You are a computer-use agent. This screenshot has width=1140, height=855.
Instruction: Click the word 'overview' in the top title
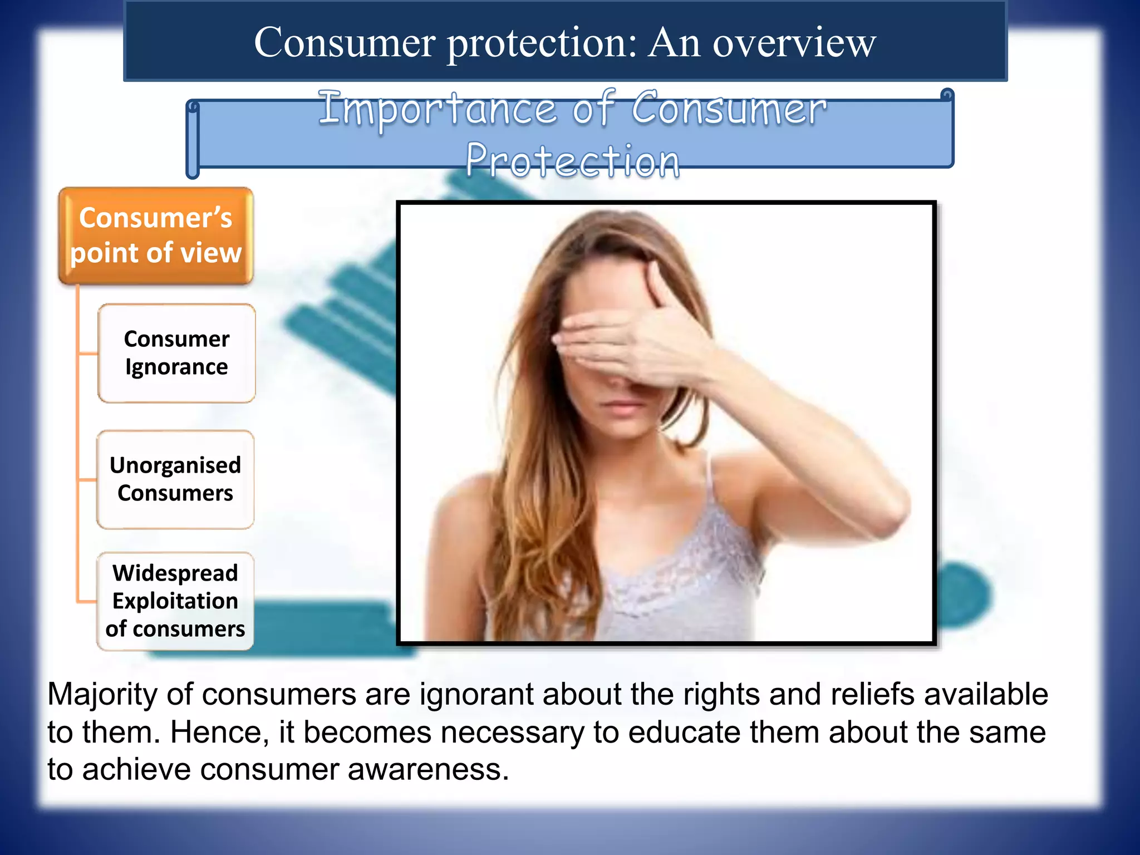coord(794,43)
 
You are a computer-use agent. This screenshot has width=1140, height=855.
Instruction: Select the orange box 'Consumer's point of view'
coord(156,235)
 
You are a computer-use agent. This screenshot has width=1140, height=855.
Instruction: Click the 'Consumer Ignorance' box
coord(176,353)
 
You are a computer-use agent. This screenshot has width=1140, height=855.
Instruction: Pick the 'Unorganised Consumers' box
coord(175,479)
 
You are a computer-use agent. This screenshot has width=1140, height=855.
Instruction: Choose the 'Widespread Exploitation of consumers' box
coord(175,601)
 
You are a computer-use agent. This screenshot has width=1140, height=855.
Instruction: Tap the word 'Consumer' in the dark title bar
coord(345,43)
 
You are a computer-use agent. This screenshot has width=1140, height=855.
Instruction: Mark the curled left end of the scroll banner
coord(193,139)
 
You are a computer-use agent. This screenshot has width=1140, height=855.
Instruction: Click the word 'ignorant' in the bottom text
coord(476,695)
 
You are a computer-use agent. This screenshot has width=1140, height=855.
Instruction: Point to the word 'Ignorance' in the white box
coord(176,367)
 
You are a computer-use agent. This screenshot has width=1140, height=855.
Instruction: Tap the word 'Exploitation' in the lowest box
coord(175,601)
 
